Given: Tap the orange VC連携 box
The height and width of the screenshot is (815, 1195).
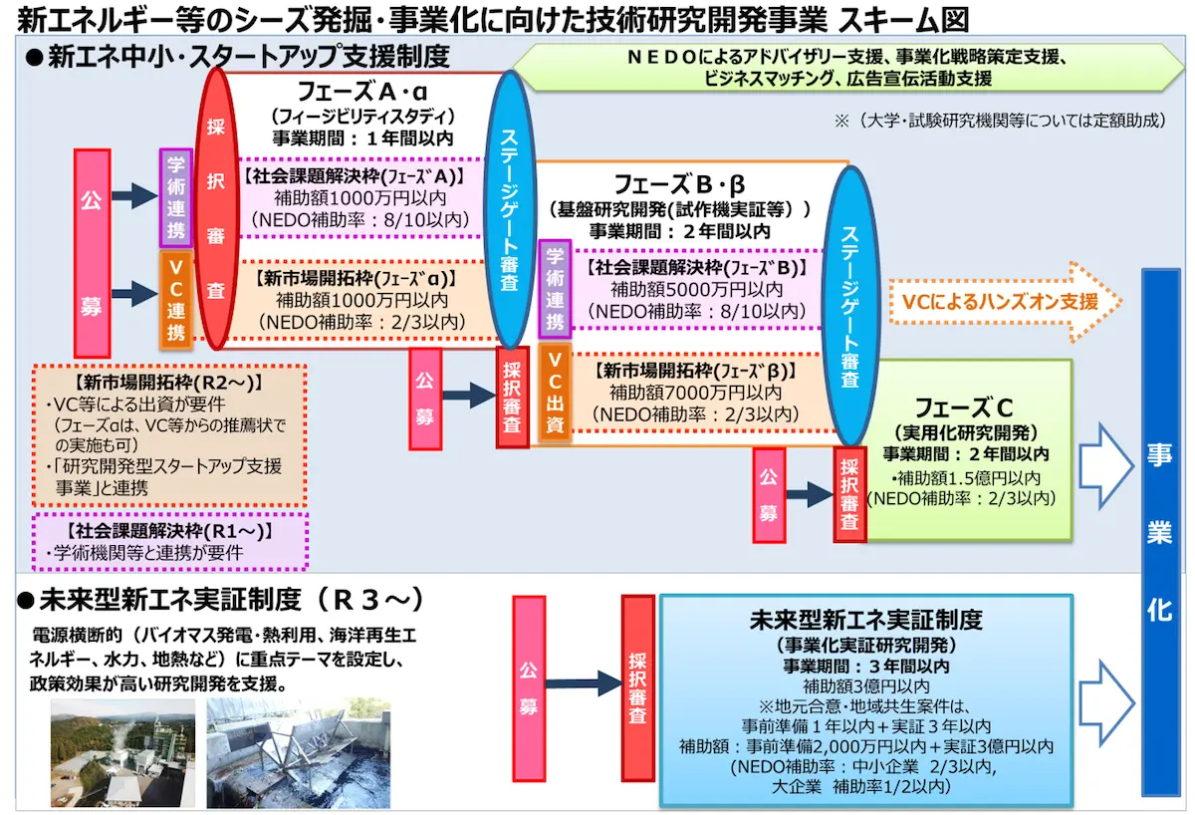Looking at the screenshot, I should click(x=175, y=298).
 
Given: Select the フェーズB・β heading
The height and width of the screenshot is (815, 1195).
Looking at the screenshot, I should click(x=679, y=185).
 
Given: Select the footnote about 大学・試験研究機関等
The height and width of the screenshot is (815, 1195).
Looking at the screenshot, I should click(x=999, y=121).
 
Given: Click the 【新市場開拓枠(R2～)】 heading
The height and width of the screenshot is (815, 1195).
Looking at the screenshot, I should click(x=166, y=382).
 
